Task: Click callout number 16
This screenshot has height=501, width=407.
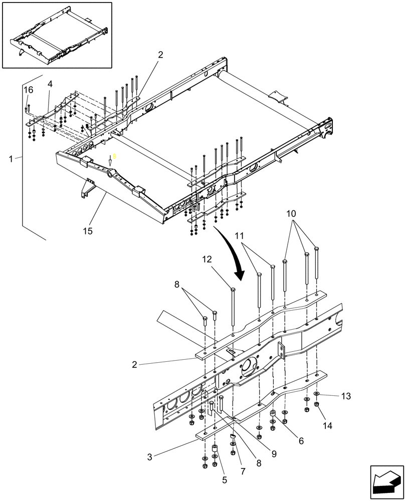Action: [29, 90]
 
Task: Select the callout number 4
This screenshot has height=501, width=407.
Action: [50, 84]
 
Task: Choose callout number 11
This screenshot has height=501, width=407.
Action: [240, 235]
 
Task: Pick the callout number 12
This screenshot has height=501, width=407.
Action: [207, 260]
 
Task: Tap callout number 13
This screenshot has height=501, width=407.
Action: [346, 396]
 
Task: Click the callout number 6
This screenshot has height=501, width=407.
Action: [301, 441]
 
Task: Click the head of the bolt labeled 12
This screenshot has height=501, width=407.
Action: [233, 289]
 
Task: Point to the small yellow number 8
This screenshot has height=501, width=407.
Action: [114, 156]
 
